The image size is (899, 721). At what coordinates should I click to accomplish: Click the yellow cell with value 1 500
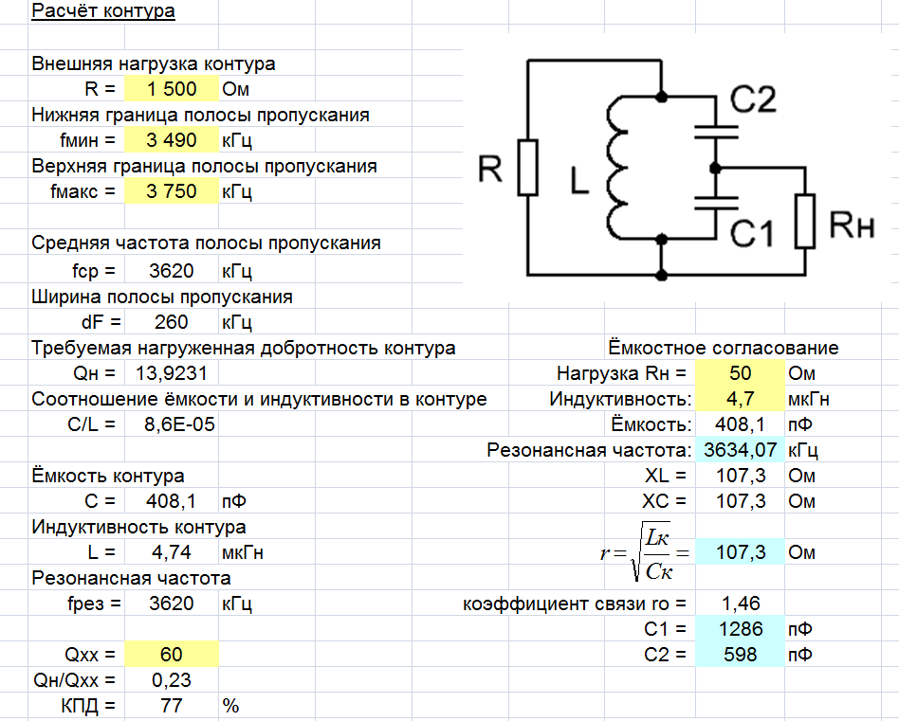[172, 90]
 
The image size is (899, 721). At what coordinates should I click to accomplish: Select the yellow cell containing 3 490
[172, 141]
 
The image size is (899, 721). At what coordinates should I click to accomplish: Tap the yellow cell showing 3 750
[172, 192]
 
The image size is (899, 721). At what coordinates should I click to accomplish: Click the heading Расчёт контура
[103, 12]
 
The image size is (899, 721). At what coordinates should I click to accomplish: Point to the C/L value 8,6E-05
[179, 425]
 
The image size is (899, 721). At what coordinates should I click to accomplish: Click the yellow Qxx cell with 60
[172, 655]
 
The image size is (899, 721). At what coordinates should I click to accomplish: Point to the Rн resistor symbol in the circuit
[805, 221]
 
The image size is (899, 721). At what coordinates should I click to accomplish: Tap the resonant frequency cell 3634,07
[740, 450]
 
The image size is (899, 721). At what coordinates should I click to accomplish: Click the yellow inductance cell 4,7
[740, 399]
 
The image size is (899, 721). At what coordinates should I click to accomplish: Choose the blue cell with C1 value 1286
[740, 629]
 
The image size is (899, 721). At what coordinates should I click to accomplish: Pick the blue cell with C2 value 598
[740, 655]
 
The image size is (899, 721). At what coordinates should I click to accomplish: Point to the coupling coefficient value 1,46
[740, 604]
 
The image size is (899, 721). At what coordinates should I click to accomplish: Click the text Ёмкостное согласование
[723, 348]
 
